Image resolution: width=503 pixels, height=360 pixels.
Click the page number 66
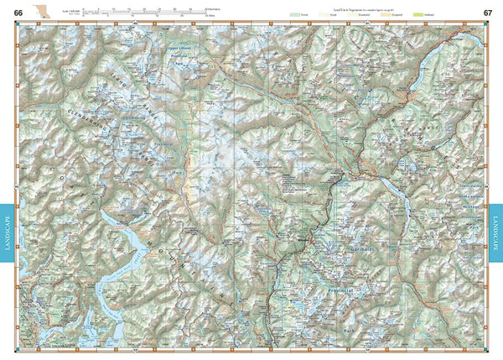tap(18, 12)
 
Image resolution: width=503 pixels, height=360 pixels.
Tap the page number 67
tap(487, 12)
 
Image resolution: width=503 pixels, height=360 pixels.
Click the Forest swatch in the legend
tap(294, 15)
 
